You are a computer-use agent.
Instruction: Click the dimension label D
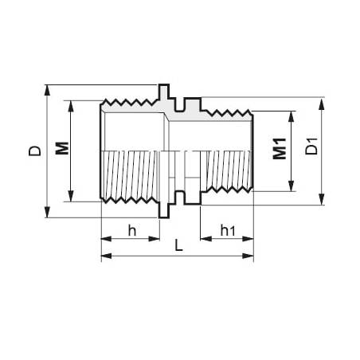(34, 150)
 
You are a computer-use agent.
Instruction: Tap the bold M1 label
(279, 150)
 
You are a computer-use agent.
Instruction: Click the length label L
(178, 248)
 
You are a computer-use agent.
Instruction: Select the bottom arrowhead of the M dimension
(72, 197)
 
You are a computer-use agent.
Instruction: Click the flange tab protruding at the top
(164, 90)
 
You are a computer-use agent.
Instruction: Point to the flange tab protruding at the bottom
(164, 210)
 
